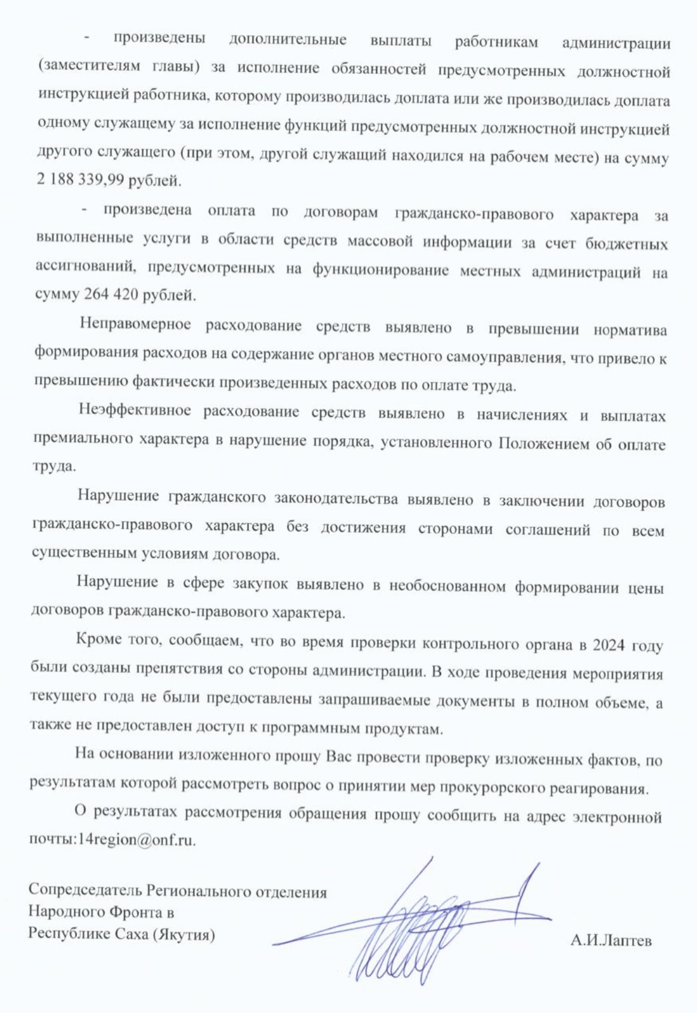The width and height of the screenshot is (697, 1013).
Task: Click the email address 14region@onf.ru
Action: click(x=136, y=840)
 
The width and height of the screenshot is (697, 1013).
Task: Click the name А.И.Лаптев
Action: click(x=611, y=940)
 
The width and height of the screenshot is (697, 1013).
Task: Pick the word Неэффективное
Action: click(x=134, y=411)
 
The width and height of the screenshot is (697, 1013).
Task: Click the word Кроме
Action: click(x=99, y=640)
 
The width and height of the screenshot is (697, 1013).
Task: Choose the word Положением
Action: click(x=542, y=444)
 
